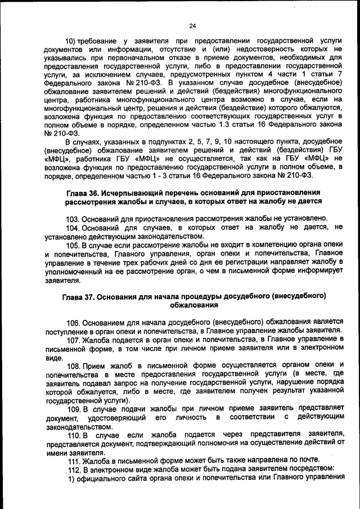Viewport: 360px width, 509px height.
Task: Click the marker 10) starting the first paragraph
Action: click(x=71, y=42)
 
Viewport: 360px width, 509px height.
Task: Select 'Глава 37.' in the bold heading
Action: click(x=79, y=296)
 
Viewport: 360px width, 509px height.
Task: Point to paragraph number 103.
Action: click(x=73, y=218)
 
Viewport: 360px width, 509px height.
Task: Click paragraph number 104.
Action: click(x=73, y=227)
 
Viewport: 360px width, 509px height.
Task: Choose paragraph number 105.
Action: click(x=73, y=245)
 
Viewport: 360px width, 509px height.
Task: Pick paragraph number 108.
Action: click(x=74, y=366)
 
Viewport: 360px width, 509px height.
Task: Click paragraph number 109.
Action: click(x=74, y=409)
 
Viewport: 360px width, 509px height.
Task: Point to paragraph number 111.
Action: click(x=73, y=460)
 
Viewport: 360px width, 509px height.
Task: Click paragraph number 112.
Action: click(x=73, y=469)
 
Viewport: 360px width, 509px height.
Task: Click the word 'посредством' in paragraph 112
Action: click(x=311, y=469)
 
